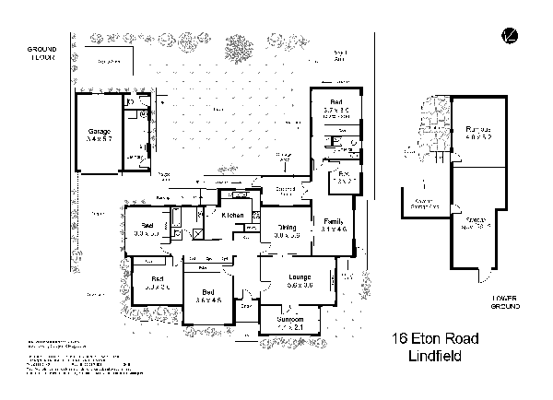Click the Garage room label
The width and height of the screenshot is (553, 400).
tap(99, 131)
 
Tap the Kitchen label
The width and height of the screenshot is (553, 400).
tap(231, 215)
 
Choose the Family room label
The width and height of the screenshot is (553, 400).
tap(333, 220)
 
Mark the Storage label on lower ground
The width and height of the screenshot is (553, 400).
tap(477, 219)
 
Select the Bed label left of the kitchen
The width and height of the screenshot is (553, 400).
tap(147, 226)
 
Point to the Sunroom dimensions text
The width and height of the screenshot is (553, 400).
tap(289, 327)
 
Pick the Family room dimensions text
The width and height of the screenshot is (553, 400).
tap(333, 229)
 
